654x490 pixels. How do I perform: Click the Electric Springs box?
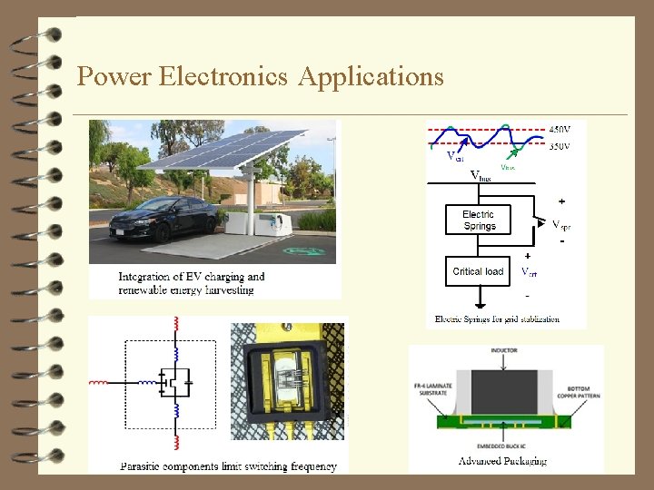[478, 220]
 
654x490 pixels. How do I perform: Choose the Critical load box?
[478, 271]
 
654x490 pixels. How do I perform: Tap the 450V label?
[560, 128]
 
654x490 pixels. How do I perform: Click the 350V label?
[560, 145]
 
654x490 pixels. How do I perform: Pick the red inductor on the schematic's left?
[97, 383]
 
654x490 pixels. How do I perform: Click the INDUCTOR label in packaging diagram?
[504, 350]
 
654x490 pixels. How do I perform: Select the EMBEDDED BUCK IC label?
[504, 446]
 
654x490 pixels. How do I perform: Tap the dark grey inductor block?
[504, 388]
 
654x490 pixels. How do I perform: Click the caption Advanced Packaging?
[503, 461]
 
